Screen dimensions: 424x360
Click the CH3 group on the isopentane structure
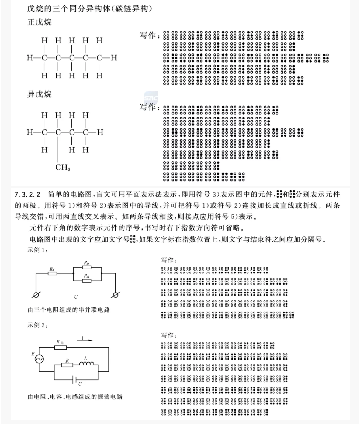point(63,167)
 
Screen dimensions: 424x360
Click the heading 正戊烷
point(39,22)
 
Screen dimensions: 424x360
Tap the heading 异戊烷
point(39,94)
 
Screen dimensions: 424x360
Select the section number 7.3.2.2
point(27,194)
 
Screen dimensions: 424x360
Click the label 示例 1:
point(37,250)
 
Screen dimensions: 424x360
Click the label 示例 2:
point(37,325)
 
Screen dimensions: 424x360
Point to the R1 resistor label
point(52,269)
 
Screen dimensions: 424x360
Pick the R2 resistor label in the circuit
point(86,263)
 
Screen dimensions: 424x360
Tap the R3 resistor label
point(86,276)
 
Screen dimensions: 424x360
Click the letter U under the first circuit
point(76,297)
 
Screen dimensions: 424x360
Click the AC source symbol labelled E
point(39,359)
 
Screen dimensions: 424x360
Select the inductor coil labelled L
point(86,364)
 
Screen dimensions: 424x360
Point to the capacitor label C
point(80,384)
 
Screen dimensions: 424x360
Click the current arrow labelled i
point(84,340)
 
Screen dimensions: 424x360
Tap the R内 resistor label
point(60,342)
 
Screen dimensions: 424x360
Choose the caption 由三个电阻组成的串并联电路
point(69,310)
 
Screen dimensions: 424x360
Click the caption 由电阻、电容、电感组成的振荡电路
point(75,396)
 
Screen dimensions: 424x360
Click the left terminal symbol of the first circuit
point(36,295)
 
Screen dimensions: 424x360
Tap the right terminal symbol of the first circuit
point(115,295)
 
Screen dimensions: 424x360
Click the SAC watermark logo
point(151,98)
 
